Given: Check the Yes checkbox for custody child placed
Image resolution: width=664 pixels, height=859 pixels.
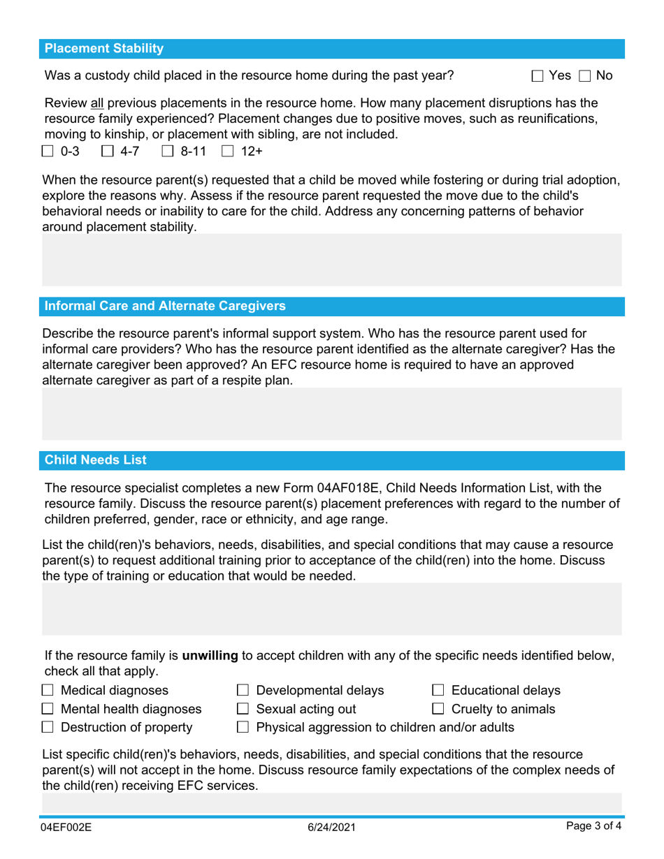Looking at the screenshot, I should (537, 75).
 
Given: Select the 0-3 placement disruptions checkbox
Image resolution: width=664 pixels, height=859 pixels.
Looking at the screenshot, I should (48, 150).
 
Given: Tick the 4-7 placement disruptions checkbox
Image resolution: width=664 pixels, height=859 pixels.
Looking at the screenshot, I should (108, 150).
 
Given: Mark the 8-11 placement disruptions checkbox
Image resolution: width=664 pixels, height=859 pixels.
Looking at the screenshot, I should (168, 150).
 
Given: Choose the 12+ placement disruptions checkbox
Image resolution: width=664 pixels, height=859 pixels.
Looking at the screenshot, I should (227, 150).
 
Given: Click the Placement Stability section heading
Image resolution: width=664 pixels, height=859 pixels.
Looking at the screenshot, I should (104, 49).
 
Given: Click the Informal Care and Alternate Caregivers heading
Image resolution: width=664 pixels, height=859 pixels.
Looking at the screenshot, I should (165, 307).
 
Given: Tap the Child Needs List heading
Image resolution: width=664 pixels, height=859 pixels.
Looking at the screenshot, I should (96, 460).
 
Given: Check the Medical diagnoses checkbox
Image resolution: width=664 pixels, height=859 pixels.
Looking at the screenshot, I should (48, 691).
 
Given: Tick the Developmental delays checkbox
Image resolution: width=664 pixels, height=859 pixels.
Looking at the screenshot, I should (243, 691).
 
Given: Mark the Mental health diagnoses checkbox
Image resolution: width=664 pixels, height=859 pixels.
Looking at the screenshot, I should (48, 710).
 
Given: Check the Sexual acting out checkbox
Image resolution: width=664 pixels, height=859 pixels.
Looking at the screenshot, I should (243, 710).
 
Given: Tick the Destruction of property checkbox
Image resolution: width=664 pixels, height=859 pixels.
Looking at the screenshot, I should (48, 728).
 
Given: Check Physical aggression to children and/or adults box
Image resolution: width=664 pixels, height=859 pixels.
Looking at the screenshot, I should (243, 728).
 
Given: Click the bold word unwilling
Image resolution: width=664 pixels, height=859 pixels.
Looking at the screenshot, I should (210, 656).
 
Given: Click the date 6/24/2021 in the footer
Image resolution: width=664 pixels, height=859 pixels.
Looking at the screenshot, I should (332, 828).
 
